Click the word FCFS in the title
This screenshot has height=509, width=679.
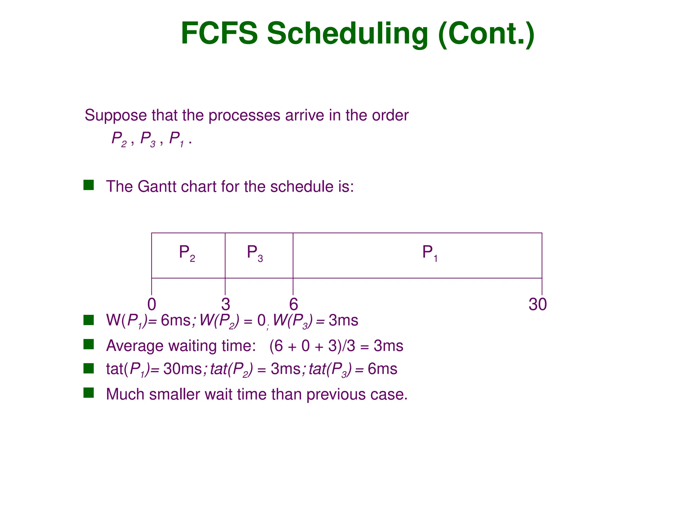click(x=219, y=33)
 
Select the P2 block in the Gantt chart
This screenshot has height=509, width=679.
click(x=188, y=255)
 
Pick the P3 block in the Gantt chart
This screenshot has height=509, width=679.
click(x=259, y=255)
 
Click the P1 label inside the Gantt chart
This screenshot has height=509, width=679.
click(x=430, y=253)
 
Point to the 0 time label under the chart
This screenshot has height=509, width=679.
click(x=152, y=304)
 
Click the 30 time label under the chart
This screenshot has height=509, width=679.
click(x=537, y=304)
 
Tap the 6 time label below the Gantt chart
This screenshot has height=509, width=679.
click(x=293, y=304)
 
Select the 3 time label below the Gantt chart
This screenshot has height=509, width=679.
click(x=225, y=304)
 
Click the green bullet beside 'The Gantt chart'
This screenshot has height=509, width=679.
click(x=89, y=185)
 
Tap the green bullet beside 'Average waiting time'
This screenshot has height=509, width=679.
click(x=89, y=344)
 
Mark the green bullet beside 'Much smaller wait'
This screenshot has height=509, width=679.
click(x=89, y=393)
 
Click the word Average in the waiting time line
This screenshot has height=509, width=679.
click(x=135, y=346)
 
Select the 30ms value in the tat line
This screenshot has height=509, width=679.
click(x=182, y=369)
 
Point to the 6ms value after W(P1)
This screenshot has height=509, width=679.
click(x=176, y=320)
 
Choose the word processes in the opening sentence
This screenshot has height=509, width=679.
click(x=244, y=116)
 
